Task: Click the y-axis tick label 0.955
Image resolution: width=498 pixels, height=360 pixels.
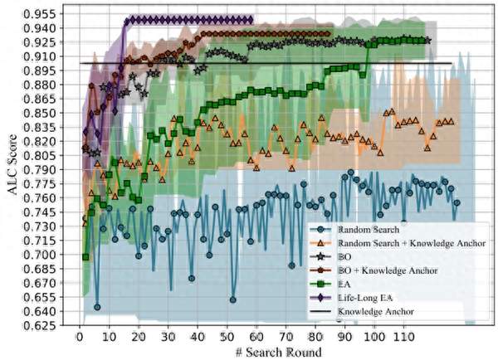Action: pyautogui.click(x=40, y=15)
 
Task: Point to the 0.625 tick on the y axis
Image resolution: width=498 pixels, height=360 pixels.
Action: pyautogui.click(x=40, y=326)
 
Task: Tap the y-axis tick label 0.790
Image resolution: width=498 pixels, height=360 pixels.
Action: pyautogui.click(x=40, y=170)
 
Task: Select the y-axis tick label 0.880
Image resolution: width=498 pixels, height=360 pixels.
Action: pyautogui.click(x=40, y=85)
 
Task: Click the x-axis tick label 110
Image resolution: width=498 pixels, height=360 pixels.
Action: pyautogui.click(x=403, y=337)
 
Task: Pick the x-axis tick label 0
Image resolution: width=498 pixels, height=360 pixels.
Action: pyautogui.click(x=80, y=337)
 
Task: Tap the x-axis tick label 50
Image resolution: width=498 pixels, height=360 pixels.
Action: pyautogui.click(x=227, y=337)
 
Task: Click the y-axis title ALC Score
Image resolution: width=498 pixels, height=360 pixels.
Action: pyautogui.click(x=12, y=165)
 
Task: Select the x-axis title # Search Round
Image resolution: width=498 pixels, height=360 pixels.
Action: pyautogui.click(x=279, y=353)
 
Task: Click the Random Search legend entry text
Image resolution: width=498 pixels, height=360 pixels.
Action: pyautogui.click(x=369, y=230)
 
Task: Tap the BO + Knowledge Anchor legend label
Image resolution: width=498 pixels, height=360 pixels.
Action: pyautogui.click(x=388, y=270)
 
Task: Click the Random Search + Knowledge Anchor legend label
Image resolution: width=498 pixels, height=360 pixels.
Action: pyautogui.click(x=412, y=243)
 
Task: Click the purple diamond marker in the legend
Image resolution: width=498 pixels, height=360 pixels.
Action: pyautogui.click(x=320, y=298)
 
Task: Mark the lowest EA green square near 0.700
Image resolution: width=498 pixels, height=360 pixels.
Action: pyautogui.click(x=85, y=257)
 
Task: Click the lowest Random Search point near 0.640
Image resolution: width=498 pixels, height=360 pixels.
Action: pyautogui.click(x=97, y=307)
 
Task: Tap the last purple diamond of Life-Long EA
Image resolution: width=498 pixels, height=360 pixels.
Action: pyautogui.click(x=251, y=20)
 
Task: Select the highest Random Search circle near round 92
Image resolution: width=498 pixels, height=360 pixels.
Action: pyautogui.click(x=350, y=173)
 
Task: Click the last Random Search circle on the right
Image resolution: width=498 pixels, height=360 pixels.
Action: pyautogui.click(x=456, y=203)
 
